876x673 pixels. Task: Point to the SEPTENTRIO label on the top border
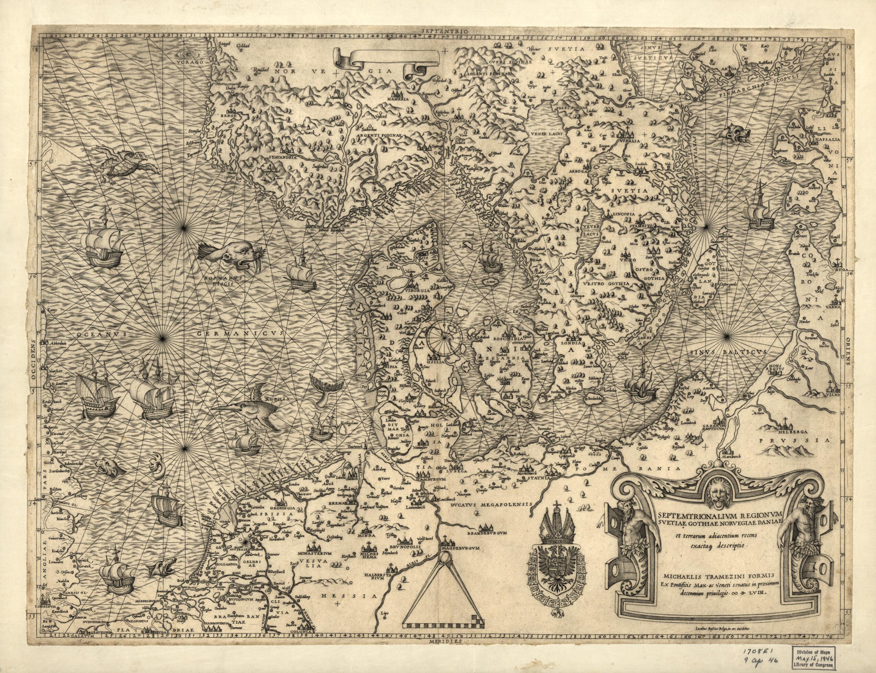[x=438, y=30]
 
